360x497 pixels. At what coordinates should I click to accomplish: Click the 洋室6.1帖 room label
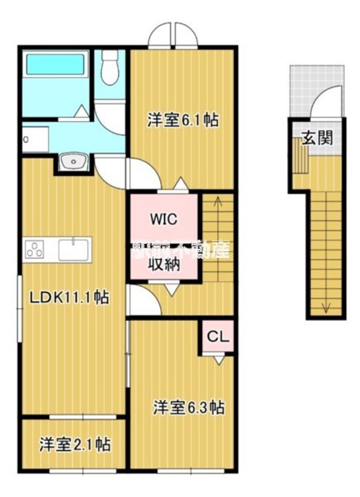(183, 120)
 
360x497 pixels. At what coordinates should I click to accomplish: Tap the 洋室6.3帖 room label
(188, 407)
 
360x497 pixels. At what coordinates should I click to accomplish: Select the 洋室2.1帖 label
(74, 445)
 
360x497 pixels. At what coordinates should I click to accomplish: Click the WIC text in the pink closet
(164, 220)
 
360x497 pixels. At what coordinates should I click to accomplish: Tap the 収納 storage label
(164, 264)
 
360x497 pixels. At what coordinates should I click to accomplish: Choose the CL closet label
(218, 338)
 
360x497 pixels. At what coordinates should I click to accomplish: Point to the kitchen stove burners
(34, 248)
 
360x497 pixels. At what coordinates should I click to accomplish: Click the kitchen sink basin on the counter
(72, 248)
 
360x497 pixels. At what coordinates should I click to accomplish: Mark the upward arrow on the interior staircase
(218, 204)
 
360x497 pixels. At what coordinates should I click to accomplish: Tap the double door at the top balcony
(172, 35)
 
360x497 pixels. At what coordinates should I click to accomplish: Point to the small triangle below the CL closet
(219, 360)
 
